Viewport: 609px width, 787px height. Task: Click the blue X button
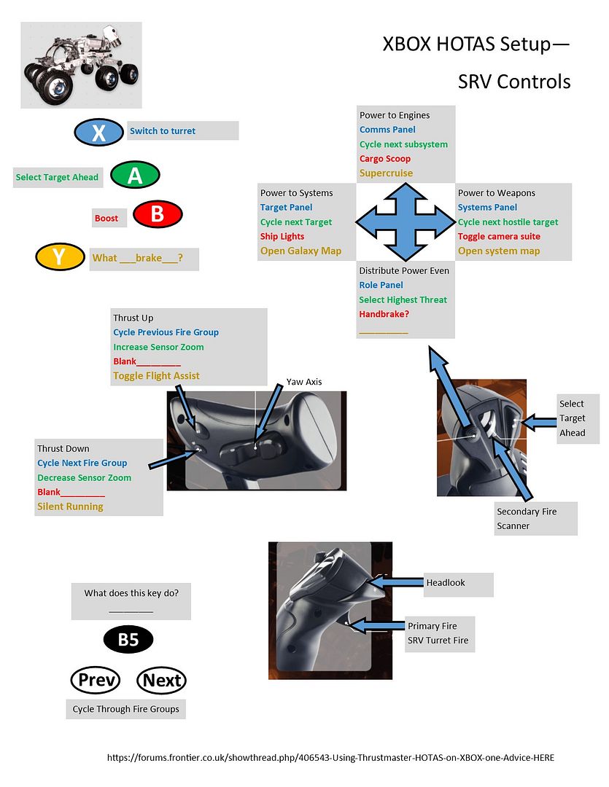(x=98, y=133)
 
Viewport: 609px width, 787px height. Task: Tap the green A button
(x=135, y=175)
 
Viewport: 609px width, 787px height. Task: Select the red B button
(x=158, y=214)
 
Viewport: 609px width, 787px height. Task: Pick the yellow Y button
(x=60, y=257)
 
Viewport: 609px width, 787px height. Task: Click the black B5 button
(x=128, y=640)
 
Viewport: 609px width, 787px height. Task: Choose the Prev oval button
(x=96, y=680)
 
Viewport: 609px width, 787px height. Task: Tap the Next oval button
(x=161, y=680)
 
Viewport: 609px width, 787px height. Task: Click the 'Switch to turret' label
(x=163, y=131)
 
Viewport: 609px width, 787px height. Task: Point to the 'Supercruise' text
(x=386, y=173)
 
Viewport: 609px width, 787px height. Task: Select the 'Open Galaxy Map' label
(x=300, y=251)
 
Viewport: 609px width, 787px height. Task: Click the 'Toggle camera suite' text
(x=499, y=236)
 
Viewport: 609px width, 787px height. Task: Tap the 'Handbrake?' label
(x=384, y=314)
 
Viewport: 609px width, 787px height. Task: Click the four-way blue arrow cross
(x=406, y=222)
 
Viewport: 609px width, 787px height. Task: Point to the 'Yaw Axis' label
(x=304, y=382)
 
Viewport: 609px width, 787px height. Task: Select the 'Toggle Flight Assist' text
(x=156, y=376)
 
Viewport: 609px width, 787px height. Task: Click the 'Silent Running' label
(x=70, y=506)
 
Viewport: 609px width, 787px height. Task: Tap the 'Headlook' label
(x=446, y=583)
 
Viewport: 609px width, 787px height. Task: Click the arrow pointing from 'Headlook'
(x=395, y=582)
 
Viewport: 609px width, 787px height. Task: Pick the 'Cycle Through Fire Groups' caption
(x=125, y=709)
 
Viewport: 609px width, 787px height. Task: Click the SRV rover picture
(x=81, y=65)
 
